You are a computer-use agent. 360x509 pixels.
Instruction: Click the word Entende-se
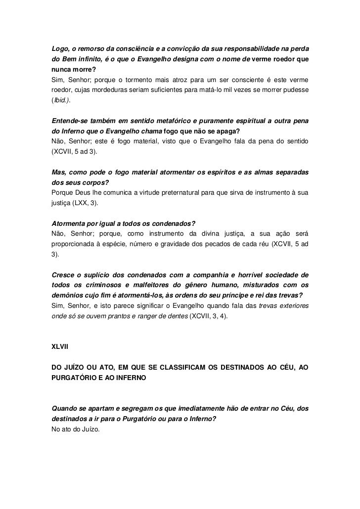[71, 122]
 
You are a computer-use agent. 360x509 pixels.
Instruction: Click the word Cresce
[64, 275]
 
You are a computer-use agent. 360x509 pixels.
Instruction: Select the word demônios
[69, 296]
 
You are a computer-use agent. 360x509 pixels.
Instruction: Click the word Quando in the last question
[67, 409]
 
